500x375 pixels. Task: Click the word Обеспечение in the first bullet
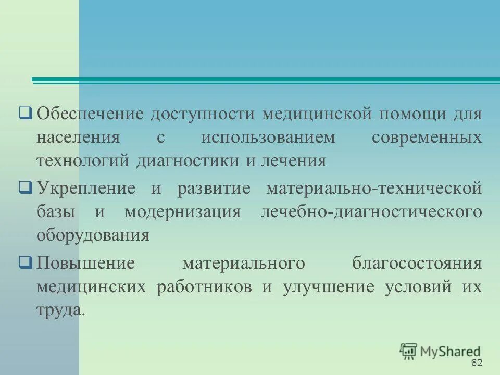[89, 114]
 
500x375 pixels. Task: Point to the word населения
[78, 137]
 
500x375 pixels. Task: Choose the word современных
[427, 137]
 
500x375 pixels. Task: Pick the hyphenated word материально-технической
[374, 188]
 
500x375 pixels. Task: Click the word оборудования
[93, 234]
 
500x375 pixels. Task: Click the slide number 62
[476, 363]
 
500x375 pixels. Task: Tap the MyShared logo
[441, 351]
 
